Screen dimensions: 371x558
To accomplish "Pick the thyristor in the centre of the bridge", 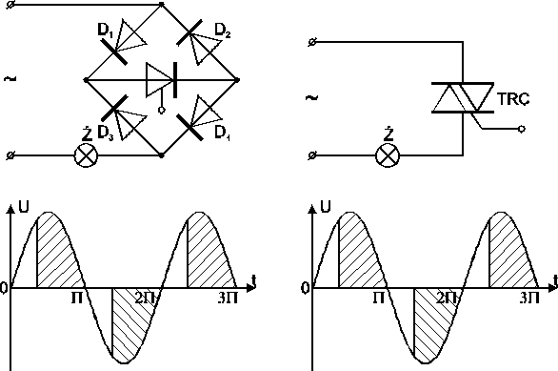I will pyautogui.click(x=160, y=81).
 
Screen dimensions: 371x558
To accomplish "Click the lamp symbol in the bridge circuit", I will pyautogui.click(x=87, y=154).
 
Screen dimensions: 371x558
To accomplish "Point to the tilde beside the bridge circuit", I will pyautogui.click(x=10, y=79).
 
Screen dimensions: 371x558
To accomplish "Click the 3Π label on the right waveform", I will pyautogui.click(x=530, y=299).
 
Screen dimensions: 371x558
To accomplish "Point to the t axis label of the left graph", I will pyautogui.click(x=254, y=278).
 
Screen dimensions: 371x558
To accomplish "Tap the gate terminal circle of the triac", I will pyautogui.click(x=520, y=134).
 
